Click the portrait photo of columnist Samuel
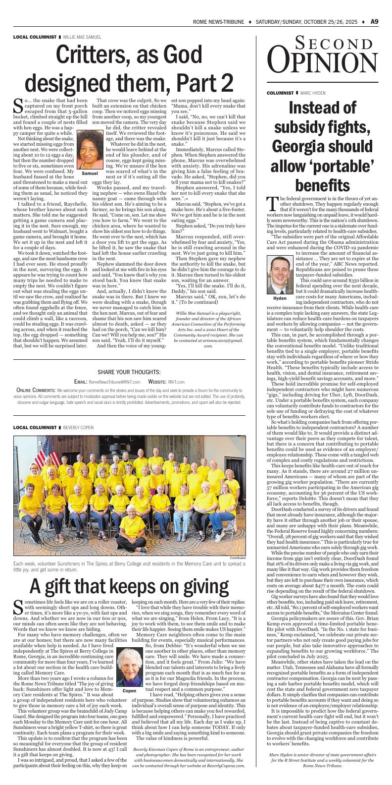point(89,151)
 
